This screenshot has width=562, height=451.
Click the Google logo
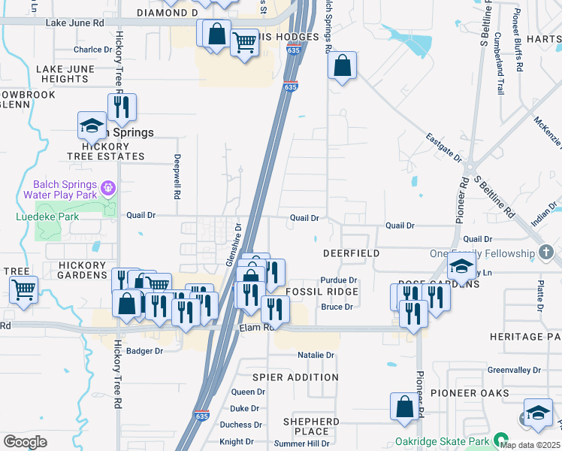pyautogui.click(x=25, y=441)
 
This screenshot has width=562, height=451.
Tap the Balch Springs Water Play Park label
pyautogui.click(x=64, y=189)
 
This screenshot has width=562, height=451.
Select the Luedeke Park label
pyautogui.click(x=47, y=217)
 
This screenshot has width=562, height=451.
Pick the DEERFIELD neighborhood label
pyautogui.click(x=351, y=254)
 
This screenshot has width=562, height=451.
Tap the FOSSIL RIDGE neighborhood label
pyautogui.click(x=322, y=291)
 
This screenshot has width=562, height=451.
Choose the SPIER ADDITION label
pyautogui.click(x=295, y=377)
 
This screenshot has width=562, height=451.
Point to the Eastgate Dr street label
pyautogui.click(x=443, y=147)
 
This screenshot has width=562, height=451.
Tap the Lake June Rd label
pyautogui.click(x=75, y=23)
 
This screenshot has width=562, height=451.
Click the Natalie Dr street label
pyautogui.click(x=316, y=355)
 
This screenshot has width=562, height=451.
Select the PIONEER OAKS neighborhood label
pyautogui.click(x=464, y=393)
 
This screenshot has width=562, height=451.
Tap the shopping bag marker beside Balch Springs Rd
pyautogui.click(x=342, y=65)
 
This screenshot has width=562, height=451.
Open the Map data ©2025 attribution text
pyautogui.click(x=529, y=444)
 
